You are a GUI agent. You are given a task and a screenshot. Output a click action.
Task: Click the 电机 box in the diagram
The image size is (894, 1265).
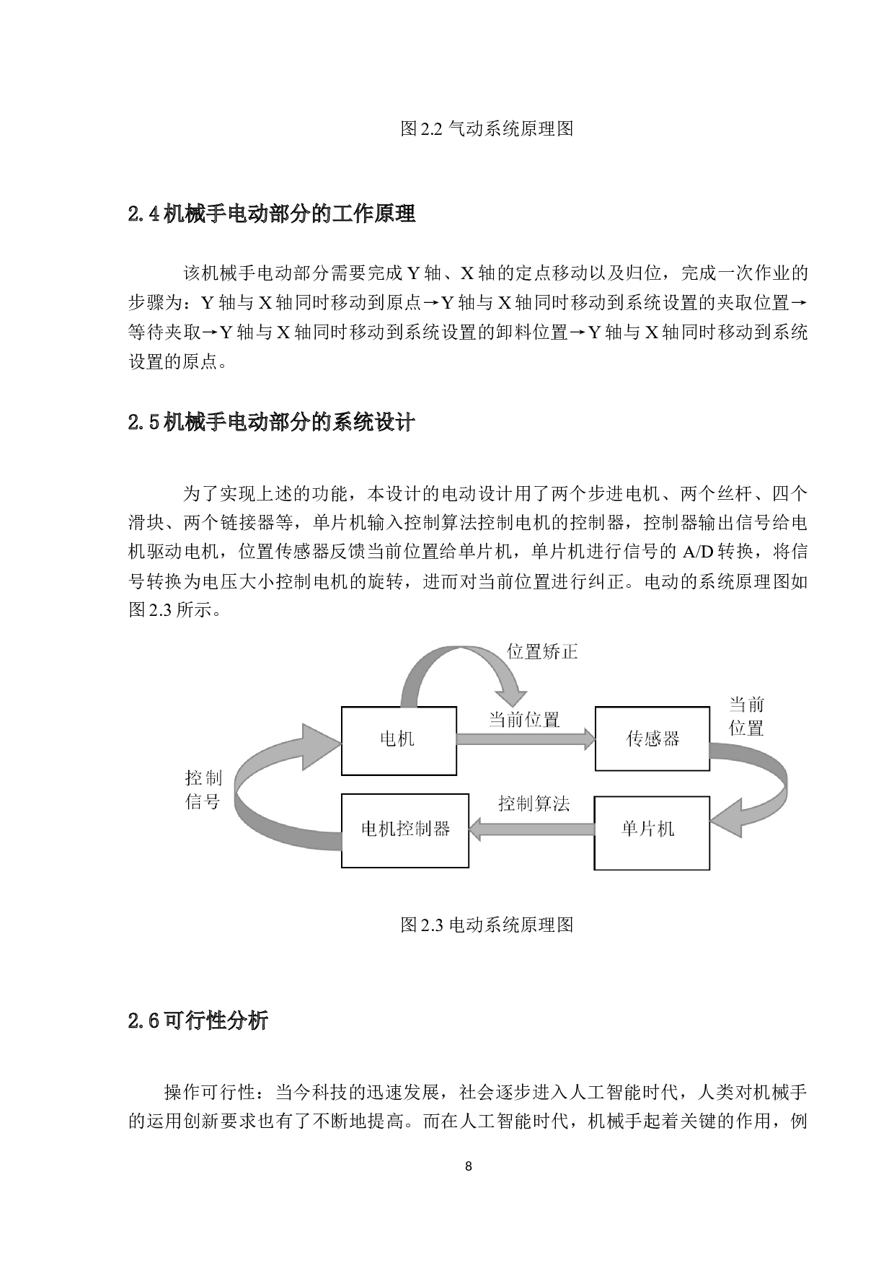(x=398, y=740)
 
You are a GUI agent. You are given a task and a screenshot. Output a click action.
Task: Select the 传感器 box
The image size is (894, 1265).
(x=652, y=739)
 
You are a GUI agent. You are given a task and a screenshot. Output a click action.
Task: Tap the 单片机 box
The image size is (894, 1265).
(x=651, y=832)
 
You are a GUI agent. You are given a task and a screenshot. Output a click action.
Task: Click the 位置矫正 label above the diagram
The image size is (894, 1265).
(x=542, y=652)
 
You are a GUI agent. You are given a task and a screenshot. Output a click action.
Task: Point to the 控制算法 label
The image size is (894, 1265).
(x=534, y=803)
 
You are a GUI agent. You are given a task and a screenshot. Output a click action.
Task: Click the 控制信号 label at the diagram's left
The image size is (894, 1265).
(x=203, y=789)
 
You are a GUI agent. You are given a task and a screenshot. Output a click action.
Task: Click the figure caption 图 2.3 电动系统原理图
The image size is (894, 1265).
(x=487, y=925)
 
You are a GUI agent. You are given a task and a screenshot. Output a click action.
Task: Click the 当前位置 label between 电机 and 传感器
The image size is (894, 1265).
(x=524, y=719)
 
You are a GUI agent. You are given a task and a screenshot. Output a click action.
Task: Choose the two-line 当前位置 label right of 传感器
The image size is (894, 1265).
(x=746, y=716)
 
